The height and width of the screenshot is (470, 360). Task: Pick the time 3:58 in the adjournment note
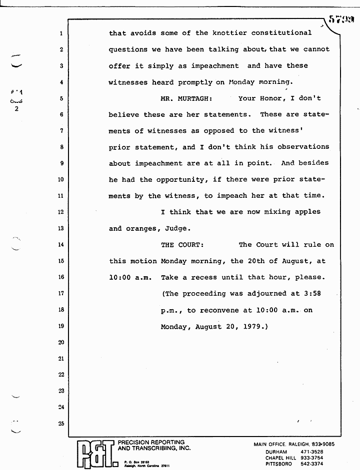pyautogui.click(x=310, y=294)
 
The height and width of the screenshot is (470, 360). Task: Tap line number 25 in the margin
pyautogui.click(x=60, y=424)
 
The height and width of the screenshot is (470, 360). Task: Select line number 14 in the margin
pyautogui.click(x=60, y=245)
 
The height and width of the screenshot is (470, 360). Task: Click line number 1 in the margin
pyautogui.click(x=60, y=34)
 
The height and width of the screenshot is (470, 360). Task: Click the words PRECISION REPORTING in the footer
pyautogui.click(x=150, y=443)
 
